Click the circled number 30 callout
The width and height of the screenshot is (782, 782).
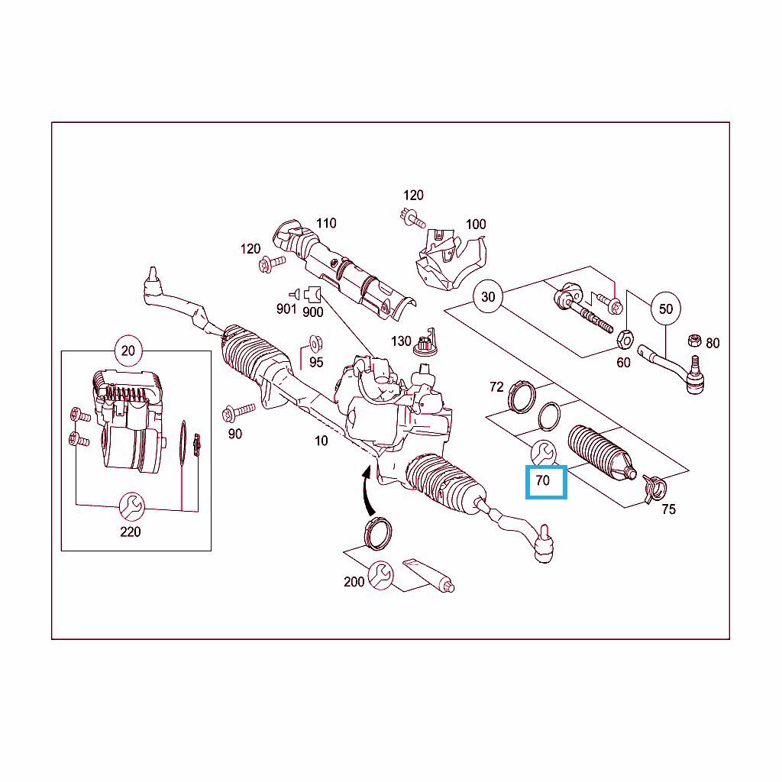488,297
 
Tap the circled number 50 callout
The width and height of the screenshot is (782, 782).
666,309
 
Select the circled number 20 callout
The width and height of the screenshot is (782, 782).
128,351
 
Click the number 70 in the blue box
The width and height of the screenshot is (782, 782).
543,480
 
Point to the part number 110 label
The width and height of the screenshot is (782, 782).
326,223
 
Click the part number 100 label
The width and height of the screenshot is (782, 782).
476,225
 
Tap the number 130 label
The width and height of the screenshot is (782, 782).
401,341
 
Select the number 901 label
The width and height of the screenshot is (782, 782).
286,309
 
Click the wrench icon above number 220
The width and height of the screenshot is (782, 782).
131,506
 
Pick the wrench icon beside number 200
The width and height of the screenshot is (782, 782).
380,575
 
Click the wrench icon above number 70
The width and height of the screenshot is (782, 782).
543,453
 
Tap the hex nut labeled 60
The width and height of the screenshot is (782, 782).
625,340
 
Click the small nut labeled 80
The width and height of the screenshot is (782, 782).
694,341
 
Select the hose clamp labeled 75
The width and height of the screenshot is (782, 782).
654,489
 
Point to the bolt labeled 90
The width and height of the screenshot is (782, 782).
238,412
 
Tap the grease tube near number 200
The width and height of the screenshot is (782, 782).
428,575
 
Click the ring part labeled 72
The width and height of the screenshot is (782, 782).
522,397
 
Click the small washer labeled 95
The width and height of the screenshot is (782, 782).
315,344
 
